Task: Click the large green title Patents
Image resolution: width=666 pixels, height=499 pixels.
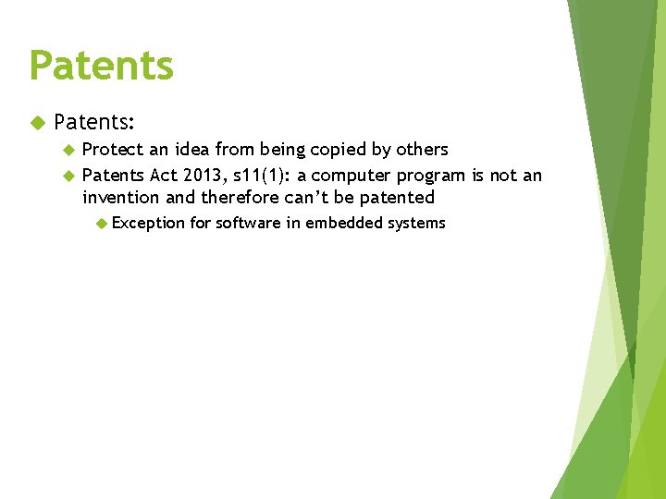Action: click(x=101, y=66)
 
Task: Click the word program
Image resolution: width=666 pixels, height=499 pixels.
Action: click(x=434, y=176)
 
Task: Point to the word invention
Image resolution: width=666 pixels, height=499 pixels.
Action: click(x=121, y=198)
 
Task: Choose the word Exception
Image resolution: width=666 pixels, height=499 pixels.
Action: click(x=149, y=223)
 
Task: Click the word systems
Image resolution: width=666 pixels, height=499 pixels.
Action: click(x=417, y=223)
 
